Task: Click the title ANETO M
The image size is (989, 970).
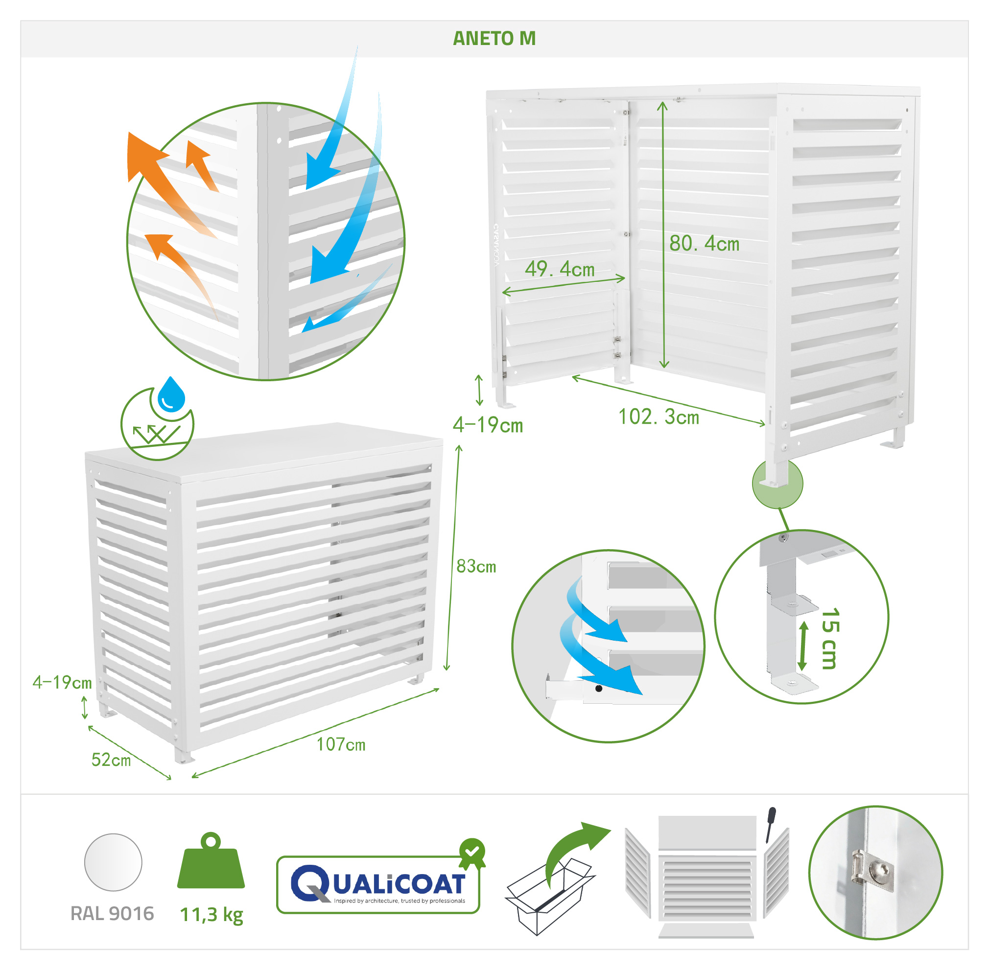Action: (x=494, y=39)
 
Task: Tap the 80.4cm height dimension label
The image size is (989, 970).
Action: (x=704, y=244)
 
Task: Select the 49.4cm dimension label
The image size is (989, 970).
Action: (x=560, y=269)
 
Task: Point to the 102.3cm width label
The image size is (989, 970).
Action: (x=659, y=417)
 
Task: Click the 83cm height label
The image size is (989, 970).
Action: (x=476, y=566)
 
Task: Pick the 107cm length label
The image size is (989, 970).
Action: (x=341, y=744)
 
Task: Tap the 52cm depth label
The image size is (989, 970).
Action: (x=111, y=760)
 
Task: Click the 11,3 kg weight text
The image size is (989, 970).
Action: (x=212, y=915)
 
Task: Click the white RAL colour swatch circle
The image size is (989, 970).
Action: (x=113, y=862)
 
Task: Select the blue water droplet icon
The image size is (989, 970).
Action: (x=171, y=394)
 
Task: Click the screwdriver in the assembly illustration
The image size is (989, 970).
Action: (x=771, y=824)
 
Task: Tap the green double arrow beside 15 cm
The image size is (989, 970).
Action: (x=802, y=646)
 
